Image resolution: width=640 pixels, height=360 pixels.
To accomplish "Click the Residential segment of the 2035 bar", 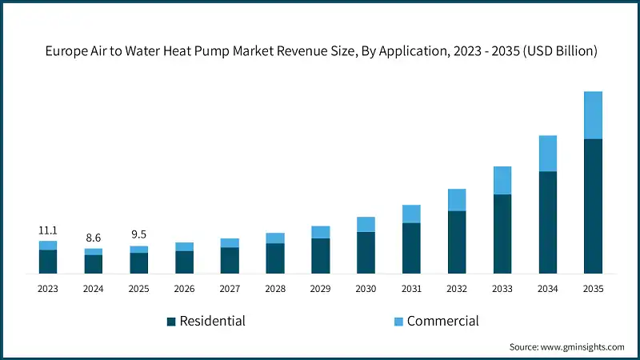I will (593, 206).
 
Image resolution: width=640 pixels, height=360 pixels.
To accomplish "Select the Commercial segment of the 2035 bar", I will (593, 115).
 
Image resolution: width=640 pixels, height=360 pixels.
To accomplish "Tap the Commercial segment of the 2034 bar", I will (547, 154).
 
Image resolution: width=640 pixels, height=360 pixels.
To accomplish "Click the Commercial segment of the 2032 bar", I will (457, 200).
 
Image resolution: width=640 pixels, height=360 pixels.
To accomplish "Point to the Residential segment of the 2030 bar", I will (366, 253).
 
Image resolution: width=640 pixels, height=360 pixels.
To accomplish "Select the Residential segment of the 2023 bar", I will (48, 262).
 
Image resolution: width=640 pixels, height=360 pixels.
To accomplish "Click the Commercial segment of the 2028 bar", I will (275, 238).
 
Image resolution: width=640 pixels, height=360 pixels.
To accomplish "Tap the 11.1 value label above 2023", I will (48, 230).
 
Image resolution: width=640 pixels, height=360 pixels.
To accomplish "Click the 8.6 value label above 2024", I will (94, 238).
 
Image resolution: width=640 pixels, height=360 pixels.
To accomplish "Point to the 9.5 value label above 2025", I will (139, 235).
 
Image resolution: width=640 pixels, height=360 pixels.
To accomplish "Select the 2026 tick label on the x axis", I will (184, 289).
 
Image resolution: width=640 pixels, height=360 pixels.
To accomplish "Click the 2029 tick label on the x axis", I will (320, 289).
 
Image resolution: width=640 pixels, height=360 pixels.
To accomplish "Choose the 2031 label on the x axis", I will (411, 289).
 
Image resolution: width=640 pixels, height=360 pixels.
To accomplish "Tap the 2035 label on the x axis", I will (593, 289).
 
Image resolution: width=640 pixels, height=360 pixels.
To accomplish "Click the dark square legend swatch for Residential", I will (170, 322).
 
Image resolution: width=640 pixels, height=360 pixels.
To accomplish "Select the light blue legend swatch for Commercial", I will (398, 322).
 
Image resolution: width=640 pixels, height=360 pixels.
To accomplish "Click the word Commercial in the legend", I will (442, 321).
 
